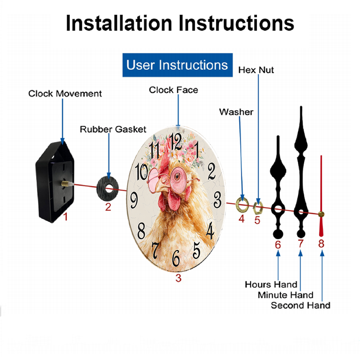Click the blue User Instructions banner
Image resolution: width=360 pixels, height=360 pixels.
point(177,65)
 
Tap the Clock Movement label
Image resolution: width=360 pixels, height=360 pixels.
point(65,94)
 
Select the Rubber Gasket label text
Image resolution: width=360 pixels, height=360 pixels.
point(113,129)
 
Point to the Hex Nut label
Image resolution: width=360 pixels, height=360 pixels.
point(256,70)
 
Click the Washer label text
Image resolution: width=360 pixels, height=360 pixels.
point(236,112)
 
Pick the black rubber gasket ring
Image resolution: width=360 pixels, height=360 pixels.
point(108,189)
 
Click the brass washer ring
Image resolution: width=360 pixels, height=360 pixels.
point(242,204)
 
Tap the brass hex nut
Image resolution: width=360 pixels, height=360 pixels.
point(258,208)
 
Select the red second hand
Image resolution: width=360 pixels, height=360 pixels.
point(321,196)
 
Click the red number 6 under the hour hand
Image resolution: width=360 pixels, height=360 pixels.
point(278,245)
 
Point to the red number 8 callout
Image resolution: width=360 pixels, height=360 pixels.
point(321,244)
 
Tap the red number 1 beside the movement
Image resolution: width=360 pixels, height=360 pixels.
point(66,217)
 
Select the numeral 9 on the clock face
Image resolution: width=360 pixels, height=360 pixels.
point(134,200)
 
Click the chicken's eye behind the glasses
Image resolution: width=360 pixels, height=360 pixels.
point(177,176)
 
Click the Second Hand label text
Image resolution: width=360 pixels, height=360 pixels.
point(301,305)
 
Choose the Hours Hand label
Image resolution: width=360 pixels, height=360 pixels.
point(271,284)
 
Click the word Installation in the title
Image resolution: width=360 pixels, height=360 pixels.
point(119,23)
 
